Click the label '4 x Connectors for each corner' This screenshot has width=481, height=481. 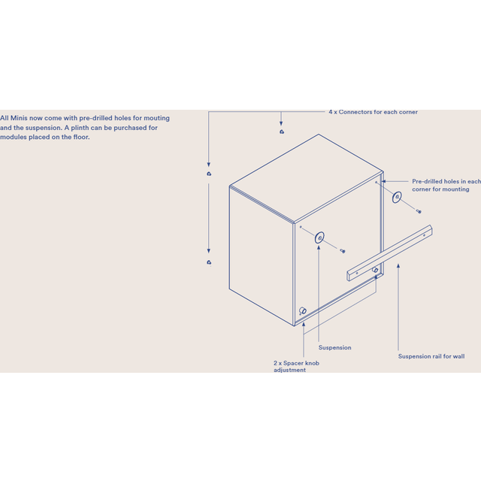(x=373, y=112)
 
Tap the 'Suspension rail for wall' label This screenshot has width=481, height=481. (x=431, y=356)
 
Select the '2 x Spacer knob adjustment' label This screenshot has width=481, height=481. (x=296, y=366)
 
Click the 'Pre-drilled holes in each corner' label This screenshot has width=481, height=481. (x=446, y=186)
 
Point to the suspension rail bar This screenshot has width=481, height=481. (x=389, y=253)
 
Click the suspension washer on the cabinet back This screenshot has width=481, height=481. (x=319, y=237)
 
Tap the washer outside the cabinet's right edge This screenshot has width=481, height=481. (x=397, y=197)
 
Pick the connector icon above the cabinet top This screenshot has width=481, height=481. (x=282, y=132)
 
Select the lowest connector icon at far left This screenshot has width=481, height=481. (x=209, y=262)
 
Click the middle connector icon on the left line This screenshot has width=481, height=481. (x=209, y=174)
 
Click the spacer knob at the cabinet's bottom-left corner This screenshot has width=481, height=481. (x=303, y=310)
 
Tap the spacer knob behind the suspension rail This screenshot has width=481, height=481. (x=375, y=270)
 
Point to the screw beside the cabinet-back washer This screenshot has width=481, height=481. (x=343, y=251)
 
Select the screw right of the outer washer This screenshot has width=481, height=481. (x=419, y=211)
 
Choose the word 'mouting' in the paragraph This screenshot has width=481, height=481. (x=156, y=119)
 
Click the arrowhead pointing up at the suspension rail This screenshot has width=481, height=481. (x=398, y=266)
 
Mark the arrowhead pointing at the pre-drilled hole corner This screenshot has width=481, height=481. (x=383, y=181)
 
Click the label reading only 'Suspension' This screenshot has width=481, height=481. (x=334, y=347)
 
